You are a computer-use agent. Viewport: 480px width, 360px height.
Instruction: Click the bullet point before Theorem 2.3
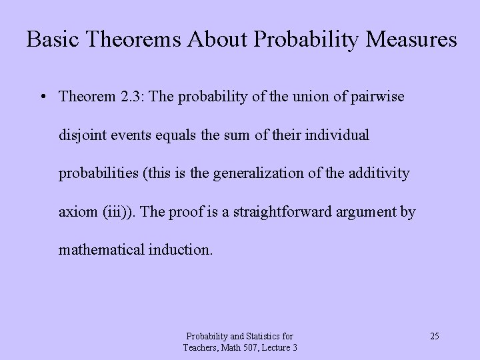click(42, 97)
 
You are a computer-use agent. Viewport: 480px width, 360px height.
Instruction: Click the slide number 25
click(434, 336)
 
